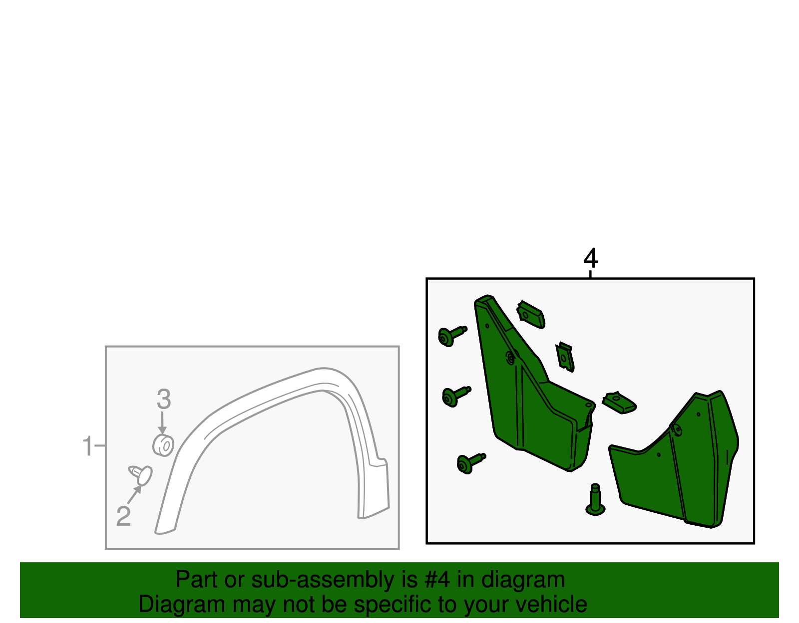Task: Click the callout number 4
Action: point(590,258)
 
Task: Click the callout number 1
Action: point(87,446)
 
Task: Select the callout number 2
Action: point(123,516)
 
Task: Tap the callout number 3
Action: point(164,399)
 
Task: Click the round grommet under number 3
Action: point(163,445)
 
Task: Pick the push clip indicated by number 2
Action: point(141,475)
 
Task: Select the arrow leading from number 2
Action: point(134,494)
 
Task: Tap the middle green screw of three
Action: point(456,397)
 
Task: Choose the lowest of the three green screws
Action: point(471,463)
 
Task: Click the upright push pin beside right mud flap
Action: point(595,500)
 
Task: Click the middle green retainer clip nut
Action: point(565,357)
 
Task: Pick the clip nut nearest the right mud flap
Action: point(619,403)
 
